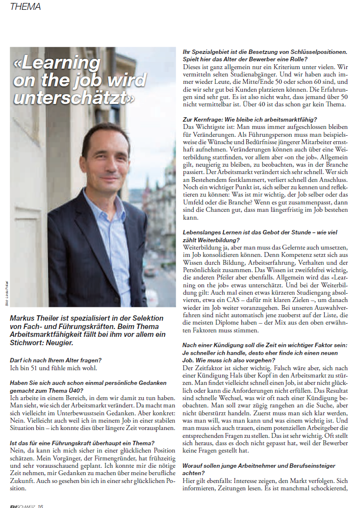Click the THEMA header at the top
point(25,7)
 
